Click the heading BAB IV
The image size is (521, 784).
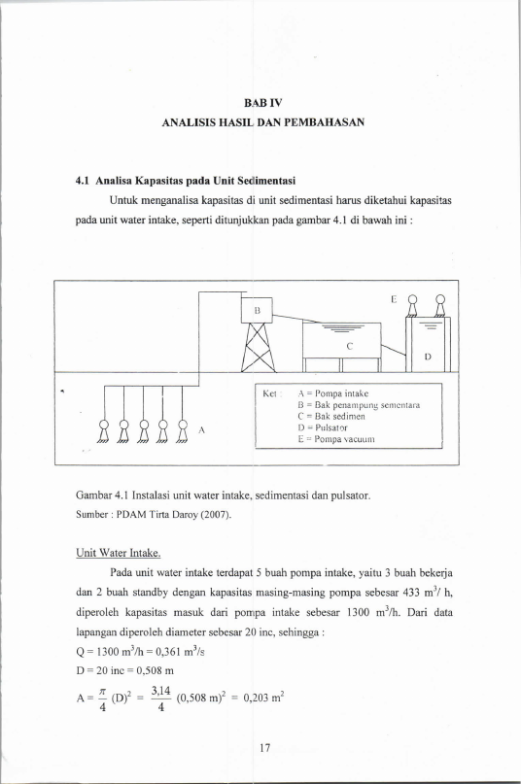pos(263,103)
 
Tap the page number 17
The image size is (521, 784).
pos(265,747)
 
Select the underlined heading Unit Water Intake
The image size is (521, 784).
pos(119,553)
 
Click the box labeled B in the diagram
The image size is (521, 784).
pos(258,310)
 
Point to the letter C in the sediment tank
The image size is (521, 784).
pos(350,346)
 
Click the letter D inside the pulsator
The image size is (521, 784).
pos(428,357)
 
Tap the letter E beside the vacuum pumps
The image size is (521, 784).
pos(394,299)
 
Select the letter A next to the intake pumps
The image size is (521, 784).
pos(202,429)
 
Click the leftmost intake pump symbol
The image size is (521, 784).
pos(104,430)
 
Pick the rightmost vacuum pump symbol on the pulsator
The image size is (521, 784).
pos(440,306)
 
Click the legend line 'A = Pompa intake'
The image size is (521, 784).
pos(332,393)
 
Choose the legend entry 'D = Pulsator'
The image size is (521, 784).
pos(323,427)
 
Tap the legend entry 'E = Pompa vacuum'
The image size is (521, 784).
pos(335,439)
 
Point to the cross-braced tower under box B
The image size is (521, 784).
pos(258,348)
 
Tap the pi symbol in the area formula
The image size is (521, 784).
pos(103,692)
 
